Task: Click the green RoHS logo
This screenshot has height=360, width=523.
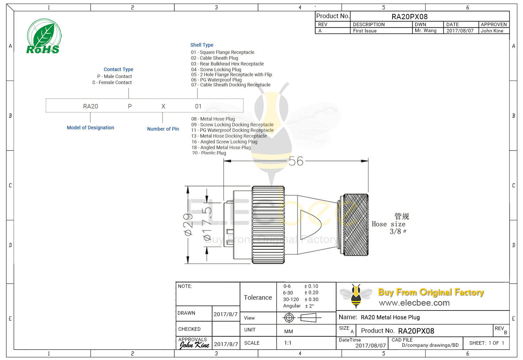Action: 44,37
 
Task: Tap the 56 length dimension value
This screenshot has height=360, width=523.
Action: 296,161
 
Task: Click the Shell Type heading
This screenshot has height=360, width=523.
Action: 202,45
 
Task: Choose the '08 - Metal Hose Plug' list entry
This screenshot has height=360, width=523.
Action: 213,119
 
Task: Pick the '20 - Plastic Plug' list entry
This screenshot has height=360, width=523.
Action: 209,153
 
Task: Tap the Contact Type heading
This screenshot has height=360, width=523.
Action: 118,69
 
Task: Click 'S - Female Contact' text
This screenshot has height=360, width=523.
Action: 112,83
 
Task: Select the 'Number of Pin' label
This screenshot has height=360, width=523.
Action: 163,129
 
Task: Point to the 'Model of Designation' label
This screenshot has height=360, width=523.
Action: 90,128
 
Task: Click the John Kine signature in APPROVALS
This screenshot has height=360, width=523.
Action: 194,345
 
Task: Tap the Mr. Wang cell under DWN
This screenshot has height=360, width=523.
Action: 425,31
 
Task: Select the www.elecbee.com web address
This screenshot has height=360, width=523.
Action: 414,303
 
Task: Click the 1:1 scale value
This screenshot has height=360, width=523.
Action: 288,343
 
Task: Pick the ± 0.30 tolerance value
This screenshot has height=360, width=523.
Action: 311,299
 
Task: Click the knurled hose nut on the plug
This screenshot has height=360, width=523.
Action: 356,225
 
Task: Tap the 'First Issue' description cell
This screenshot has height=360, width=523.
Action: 365,31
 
